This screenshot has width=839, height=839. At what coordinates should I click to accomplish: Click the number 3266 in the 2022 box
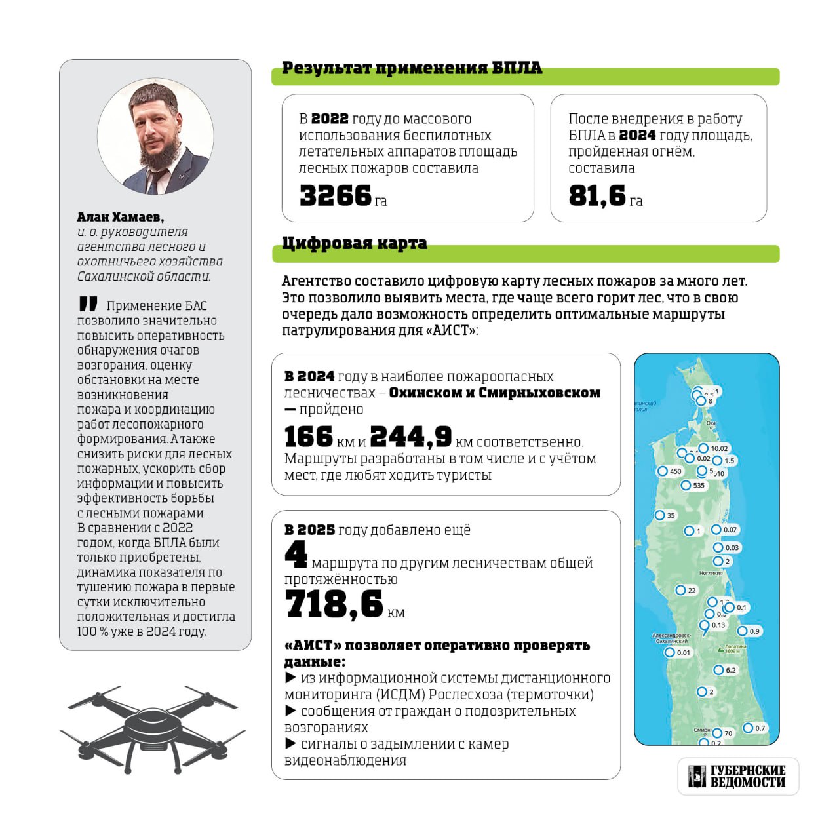(x=336, y=195)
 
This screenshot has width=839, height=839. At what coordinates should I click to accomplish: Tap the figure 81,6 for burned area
(x=597, y=195)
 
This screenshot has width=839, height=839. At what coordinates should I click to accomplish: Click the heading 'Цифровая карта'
(x=354, y=243)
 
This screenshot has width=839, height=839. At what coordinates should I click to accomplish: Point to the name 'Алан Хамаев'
(x=120, y=217)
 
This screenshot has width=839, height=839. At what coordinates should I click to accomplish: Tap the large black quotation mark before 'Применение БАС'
(x=88, y=304)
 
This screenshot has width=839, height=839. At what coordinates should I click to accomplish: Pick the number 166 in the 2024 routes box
(x=309, y=437)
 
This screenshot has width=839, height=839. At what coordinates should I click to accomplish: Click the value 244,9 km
(x=411, y=437)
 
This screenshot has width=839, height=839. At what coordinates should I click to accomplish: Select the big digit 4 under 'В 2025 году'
(x=296, y=555)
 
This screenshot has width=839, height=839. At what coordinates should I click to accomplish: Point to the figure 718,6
(x=334, y=604)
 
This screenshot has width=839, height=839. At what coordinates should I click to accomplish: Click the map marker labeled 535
(x=686, y=486)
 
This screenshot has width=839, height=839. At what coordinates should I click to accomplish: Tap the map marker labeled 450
(x=663, y=471)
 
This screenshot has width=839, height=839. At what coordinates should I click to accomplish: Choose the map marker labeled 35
(x=660, y=515)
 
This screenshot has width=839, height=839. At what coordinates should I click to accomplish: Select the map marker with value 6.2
(x=718, y=670)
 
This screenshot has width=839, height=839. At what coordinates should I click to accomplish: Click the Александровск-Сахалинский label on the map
(x=671, y=638)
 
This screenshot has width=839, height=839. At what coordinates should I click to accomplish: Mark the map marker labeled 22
(x=681, y=591)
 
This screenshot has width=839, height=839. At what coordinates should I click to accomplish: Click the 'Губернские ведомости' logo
(x=737, y=776)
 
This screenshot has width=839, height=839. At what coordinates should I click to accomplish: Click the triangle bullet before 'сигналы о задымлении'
(x=290, y=744)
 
